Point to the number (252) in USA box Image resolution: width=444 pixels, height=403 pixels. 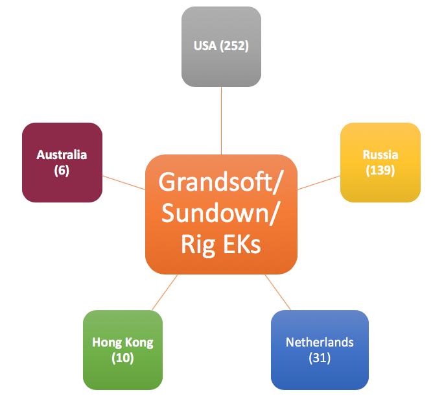click(234, 46)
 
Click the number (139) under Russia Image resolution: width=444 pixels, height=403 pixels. click(380, 170)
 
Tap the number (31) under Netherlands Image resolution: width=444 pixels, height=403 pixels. click(320, 358)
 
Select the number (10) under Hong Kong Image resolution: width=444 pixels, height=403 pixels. click(123, 358)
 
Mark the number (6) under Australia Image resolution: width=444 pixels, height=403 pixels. click(62, 171)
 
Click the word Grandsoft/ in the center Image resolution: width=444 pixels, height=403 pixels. click(221, 182)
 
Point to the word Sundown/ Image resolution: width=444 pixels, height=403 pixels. click(221, 214)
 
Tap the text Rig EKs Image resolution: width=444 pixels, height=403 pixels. click(221, 245)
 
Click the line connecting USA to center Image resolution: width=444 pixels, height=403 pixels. click(221, 120)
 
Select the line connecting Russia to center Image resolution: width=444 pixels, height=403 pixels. click(319, 181)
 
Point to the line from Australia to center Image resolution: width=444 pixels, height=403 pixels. click(124, 182)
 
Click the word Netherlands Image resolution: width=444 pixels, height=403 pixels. click(320, 342)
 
